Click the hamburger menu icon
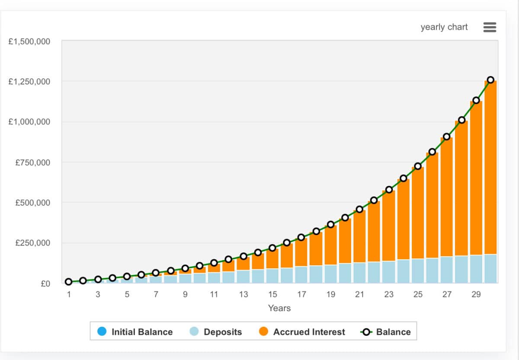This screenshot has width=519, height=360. tap(489, 27)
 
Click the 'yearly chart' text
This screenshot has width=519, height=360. tap(444, 27)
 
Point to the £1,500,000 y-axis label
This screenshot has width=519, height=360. tap(29, 41)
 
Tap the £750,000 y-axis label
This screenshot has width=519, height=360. tap(33, 162)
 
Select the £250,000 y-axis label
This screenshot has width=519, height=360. tap(33, 243)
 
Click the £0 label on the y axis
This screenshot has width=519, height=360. tap(45, 284)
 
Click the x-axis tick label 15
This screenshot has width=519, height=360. tap(272, 295)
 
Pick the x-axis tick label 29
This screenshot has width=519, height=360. tap(476, 295)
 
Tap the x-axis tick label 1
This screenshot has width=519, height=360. tap(69, 295)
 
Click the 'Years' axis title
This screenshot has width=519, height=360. tap(279, 308)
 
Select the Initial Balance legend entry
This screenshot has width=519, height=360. tap(135, 332)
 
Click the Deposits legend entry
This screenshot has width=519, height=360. tap(216, 332)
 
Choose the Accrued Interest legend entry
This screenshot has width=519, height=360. tap(303, 332)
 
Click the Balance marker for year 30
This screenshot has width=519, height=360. tap(490, 80)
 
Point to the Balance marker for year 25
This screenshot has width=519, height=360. tap(418, 166)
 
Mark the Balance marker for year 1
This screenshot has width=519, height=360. tap(69, 282)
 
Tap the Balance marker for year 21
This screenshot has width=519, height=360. tap(359, 210)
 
